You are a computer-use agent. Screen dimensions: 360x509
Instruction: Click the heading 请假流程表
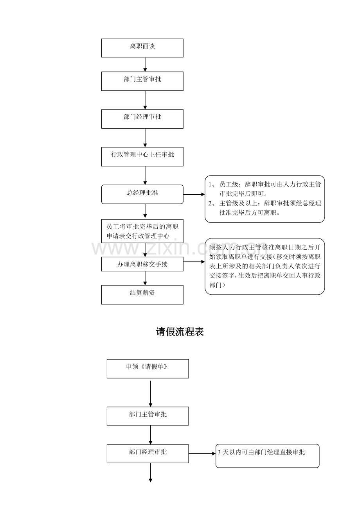click(180, 332)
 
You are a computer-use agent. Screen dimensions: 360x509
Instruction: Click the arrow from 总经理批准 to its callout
click(194, 194)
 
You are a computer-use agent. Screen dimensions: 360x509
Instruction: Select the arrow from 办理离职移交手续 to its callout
click(194, 262)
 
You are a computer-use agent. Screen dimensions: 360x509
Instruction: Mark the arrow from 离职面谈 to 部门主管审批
click(145, 65)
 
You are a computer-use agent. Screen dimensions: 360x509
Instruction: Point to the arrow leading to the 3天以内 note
click(202, 453)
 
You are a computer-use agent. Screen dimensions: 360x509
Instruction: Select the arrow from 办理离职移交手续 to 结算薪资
click(145, 278)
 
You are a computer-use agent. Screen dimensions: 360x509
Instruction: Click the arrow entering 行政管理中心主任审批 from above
click(145, 138)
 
